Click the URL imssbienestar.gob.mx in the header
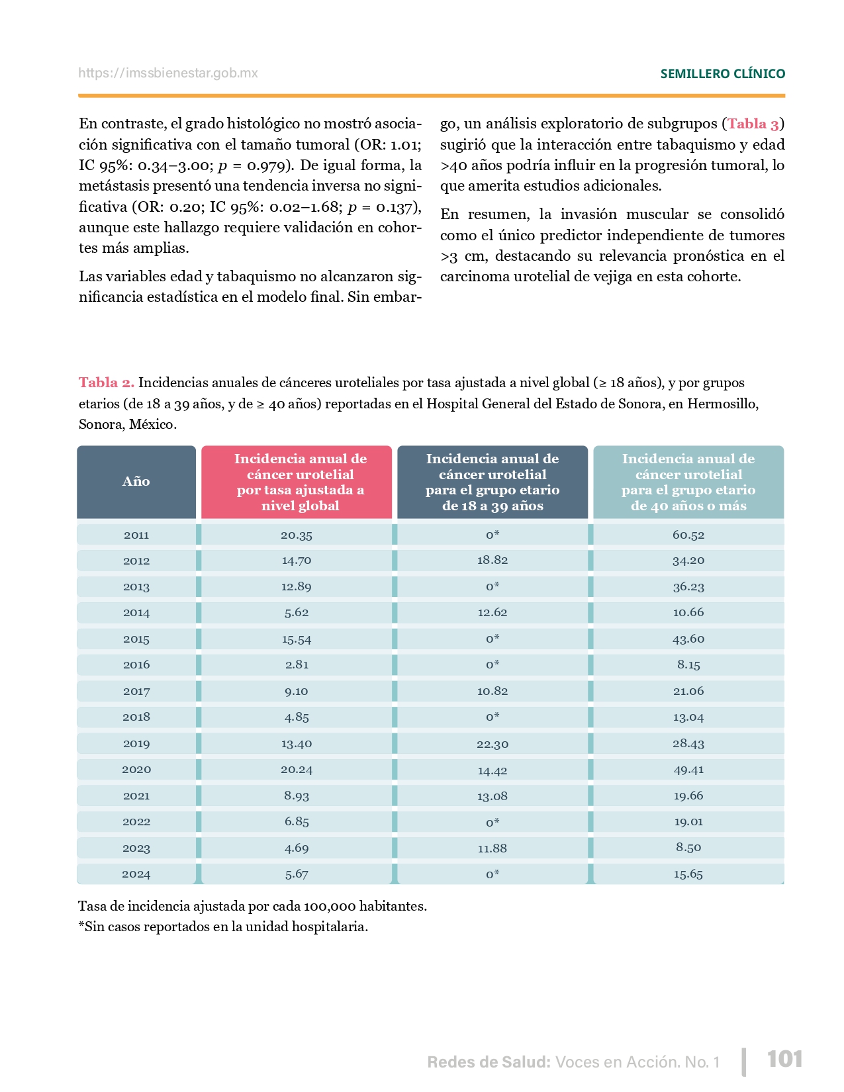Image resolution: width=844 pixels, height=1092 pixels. tap(168, 73)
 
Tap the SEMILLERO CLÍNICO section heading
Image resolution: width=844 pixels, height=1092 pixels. tap(722, 74)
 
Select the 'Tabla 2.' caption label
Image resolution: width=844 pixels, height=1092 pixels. tap(107, 383)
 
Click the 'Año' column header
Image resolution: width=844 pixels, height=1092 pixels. tap(136, 482)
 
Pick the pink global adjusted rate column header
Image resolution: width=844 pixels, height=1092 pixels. tap(300, 482)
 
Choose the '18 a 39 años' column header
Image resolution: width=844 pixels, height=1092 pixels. tap(492, 482)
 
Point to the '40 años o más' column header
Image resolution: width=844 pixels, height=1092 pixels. tap(688, 482)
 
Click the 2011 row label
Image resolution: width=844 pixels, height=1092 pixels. tap(136, 535)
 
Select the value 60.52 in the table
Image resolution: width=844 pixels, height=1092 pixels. tap(688, 535)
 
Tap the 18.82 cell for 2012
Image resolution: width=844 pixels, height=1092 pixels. tap(492, 560)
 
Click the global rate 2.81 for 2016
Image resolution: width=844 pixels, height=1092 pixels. tap(297, 664)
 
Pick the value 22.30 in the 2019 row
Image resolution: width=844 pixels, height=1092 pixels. tap(492, 744)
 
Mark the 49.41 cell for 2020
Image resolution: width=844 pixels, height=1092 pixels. tap(688, 770)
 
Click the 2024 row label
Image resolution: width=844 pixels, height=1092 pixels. tap(136, 874)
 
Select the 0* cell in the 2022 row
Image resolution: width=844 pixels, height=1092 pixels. tap(492, 822)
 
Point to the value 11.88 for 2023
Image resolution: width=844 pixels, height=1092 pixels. tap(492, 848)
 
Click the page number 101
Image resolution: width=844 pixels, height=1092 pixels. tap(784, 1060)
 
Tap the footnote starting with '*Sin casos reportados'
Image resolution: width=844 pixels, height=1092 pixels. tap(223, 927)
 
